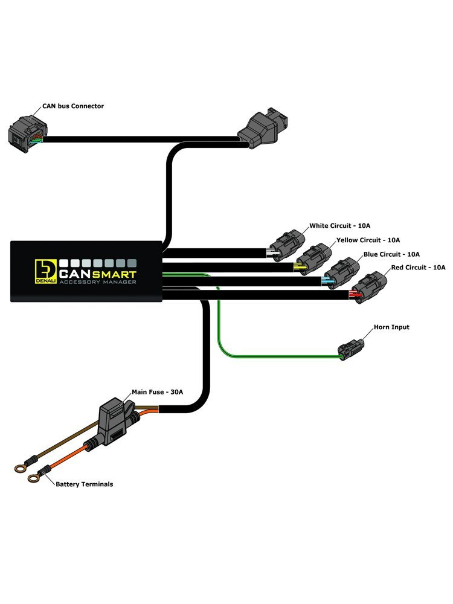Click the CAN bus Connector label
pyautogui.click(x=72, y=106)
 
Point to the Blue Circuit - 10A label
pyautogui.click(x=391, y=254)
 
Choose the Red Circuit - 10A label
pyautogui.click(x=418, y=267)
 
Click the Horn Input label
pyautogui.click(x=391, y=327)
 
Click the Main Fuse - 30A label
pyautogui.click(x=157, y=392)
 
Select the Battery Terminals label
pyautogui.click(x=84, y=484)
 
